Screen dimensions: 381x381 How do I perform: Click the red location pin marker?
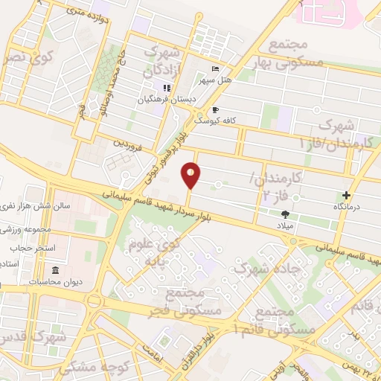pyautogui.click(x=191, y=175)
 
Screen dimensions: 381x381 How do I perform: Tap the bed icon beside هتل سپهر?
pyautogui.click(x=214, y=68)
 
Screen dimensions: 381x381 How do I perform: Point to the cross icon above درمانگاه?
pyautogui.click(x=346, y=195)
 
